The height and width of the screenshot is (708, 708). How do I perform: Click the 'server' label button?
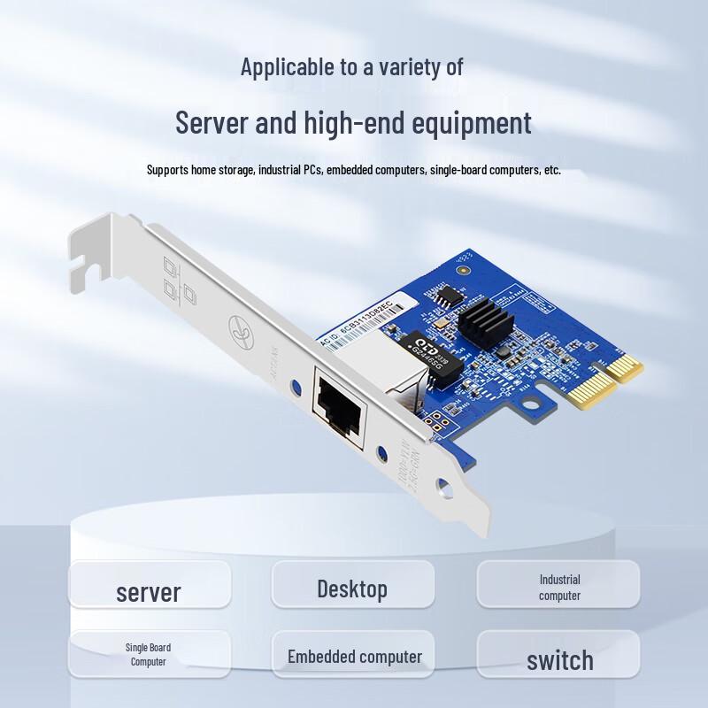pos(149,590)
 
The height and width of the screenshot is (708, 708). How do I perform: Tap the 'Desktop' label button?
pos(352,589)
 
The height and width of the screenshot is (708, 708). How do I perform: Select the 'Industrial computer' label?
pos(559,588)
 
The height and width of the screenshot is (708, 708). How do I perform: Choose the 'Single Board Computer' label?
pos(149,655)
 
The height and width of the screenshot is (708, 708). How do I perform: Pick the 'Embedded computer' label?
pos(354,656)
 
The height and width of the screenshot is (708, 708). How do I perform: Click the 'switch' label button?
pos(559,659)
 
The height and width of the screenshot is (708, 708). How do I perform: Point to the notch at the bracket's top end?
pos(85,265)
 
